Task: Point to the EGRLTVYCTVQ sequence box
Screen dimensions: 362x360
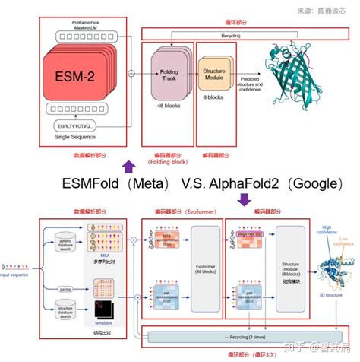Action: click(74, 124)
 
